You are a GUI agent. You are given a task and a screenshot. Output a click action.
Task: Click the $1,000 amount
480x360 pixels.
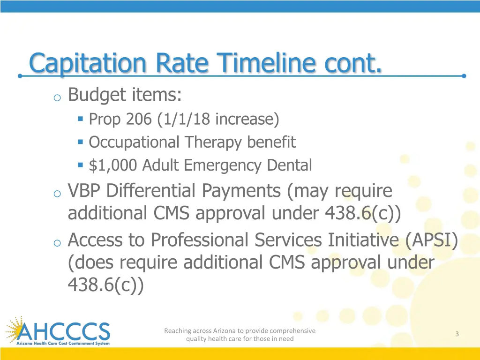113,165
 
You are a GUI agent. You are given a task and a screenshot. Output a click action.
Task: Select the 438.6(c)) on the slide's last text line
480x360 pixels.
106,285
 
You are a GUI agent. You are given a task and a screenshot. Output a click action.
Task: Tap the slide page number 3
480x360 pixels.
457,334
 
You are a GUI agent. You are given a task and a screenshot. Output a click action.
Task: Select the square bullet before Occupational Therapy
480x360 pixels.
81,142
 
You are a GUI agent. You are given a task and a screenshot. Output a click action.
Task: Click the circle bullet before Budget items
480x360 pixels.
57,97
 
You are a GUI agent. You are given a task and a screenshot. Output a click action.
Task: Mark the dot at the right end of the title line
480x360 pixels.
464,75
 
